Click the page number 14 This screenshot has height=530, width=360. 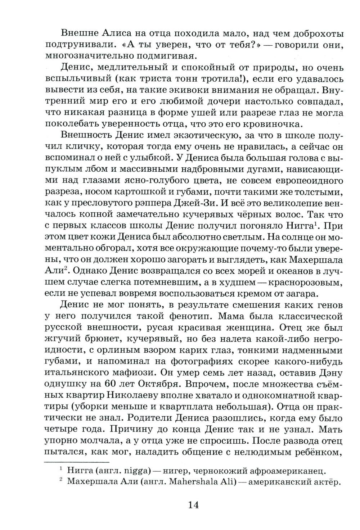click(x=193, y=504)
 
